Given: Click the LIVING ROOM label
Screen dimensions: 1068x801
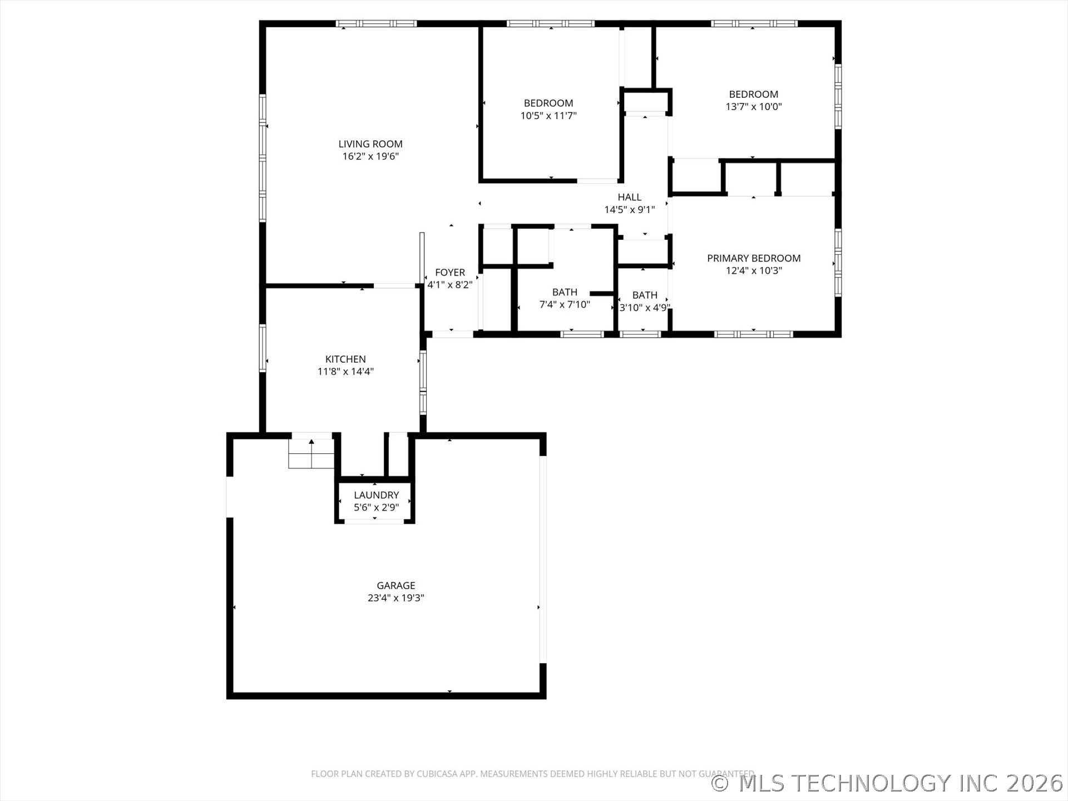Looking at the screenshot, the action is tap(370, 144).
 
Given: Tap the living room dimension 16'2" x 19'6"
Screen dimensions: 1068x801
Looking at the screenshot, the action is tap(370, 156).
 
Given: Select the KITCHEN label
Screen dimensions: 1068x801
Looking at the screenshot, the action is tap(345, 359).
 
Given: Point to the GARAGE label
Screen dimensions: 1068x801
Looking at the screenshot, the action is tap(396, 585).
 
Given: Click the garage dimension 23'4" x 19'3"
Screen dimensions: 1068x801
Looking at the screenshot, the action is tap(396, 598).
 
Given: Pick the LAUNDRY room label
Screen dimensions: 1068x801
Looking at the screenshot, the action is tap(377, 495).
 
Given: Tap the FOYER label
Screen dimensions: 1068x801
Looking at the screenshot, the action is tap(450, 273).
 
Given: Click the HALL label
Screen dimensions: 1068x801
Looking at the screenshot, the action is tap(630, 197).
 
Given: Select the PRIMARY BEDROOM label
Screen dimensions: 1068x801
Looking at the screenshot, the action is tap(754, 258).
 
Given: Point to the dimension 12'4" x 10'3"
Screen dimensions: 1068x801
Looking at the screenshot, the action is tap(754, 271).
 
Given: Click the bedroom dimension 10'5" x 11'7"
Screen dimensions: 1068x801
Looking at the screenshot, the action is tap(548, 116).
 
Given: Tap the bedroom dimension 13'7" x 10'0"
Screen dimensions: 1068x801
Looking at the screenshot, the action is tap(754, 107).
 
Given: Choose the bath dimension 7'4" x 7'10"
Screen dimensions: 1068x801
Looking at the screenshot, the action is tap(565, 304).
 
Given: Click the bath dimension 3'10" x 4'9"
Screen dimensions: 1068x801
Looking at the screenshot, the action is tap(645, 308).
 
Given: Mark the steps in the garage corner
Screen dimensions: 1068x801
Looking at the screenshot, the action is tap(311, 453).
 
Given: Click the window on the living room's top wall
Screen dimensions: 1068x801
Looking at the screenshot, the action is tap(377, 23).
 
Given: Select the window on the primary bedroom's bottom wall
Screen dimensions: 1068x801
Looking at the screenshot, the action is tap(753, 334).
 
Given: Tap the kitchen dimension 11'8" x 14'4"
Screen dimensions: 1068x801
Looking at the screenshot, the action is tap(345, 372).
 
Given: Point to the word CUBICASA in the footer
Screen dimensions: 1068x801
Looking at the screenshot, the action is tap(439, 774).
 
